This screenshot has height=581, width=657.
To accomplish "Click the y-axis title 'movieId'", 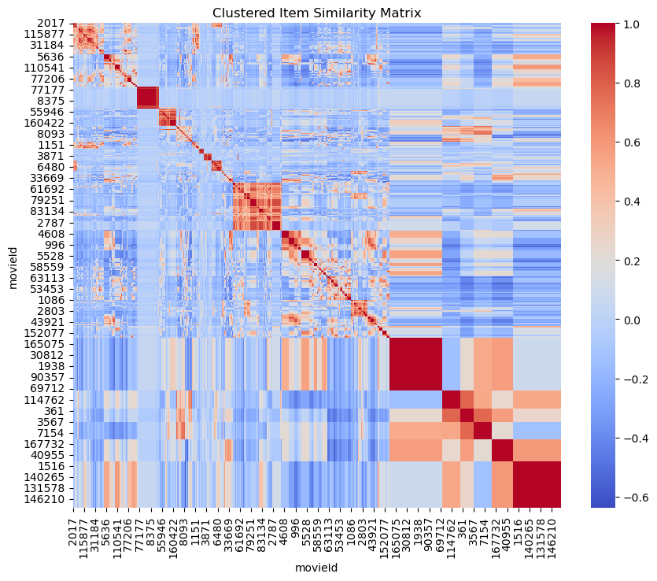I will click(13, 266).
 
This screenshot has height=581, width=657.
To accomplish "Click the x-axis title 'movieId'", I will click(316, 567).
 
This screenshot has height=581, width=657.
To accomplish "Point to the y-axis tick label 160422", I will click(48, 124).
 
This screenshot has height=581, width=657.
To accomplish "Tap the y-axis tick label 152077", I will click(48, 333).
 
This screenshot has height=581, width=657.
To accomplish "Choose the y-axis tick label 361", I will click(57, 411).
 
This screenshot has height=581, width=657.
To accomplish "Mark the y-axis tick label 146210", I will click(48, 499).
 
